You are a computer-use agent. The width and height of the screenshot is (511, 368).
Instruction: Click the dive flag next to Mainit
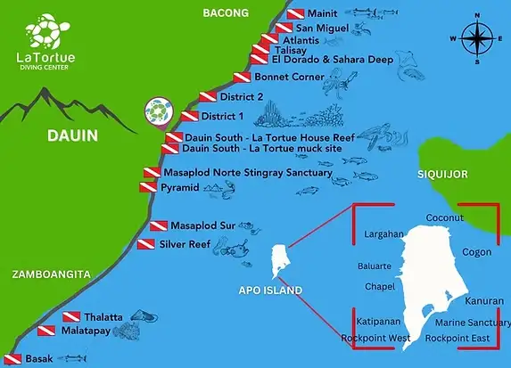tap(295, 15)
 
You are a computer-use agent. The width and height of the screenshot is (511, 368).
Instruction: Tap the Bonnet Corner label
tap(278, 78)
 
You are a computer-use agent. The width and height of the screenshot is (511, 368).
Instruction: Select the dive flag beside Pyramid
tap(148, 188)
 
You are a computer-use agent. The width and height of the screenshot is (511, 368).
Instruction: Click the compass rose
tap(480, 38)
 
